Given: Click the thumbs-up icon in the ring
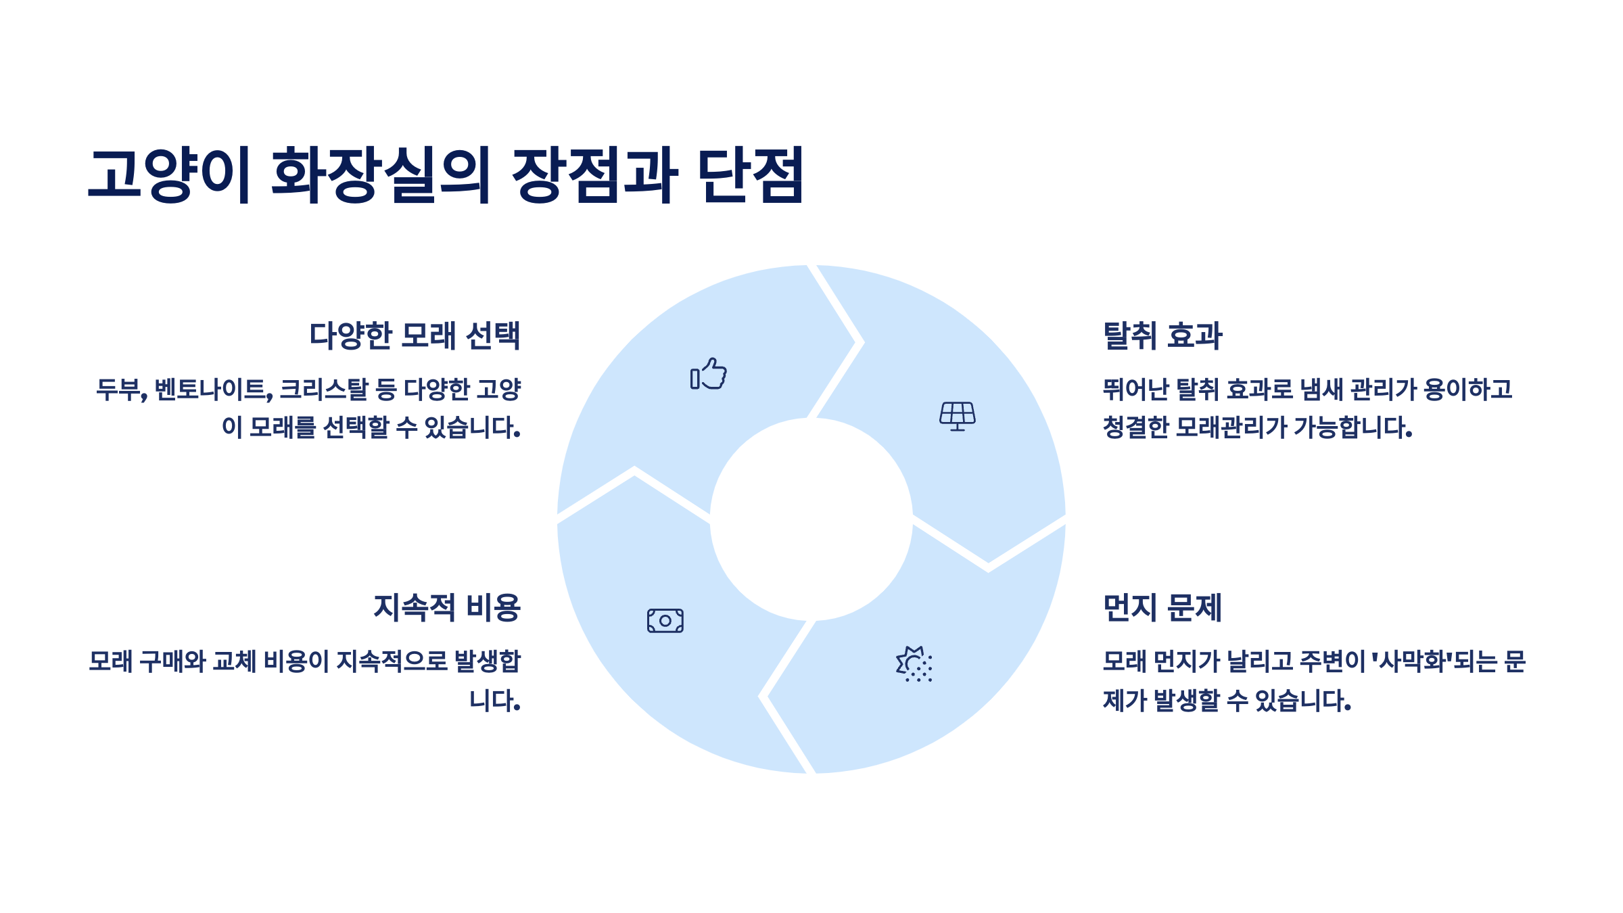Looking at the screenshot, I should click(x=709, y=374).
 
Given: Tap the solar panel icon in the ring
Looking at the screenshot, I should click(x=958, y=416).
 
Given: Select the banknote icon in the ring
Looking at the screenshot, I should click(x=665, y=621).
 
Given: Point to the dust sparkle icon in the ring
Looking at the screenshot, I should click(x=914, y=664).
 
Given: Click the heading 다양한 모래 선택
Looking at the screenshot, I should click(x=415, y=335).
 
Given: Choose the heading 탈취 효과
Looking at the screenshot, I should click(x=1162, y=335).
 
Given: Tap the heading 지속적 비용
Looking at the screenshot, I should click(x=447, y=607).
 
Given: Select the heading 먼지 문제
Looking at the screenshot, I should click(x=1162, y=607).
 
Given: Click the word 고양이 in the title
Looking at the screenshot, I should click(x=170, y=174).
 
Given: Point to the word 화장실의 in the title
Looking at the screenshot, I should click(x=381, y=174).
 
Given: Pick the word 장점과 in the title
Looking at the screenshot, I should click(x=595, y=174).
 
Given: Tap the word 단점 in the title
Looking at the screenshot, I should click(x=751, y=174).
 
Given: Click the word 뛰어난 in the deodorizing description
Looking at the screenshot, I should click(x=1135, y=390).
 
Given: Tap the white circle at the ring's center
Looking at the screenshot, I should click(x=811, y=519).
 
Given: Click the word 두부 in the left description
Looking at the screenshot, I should click(x=119, y=390).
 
